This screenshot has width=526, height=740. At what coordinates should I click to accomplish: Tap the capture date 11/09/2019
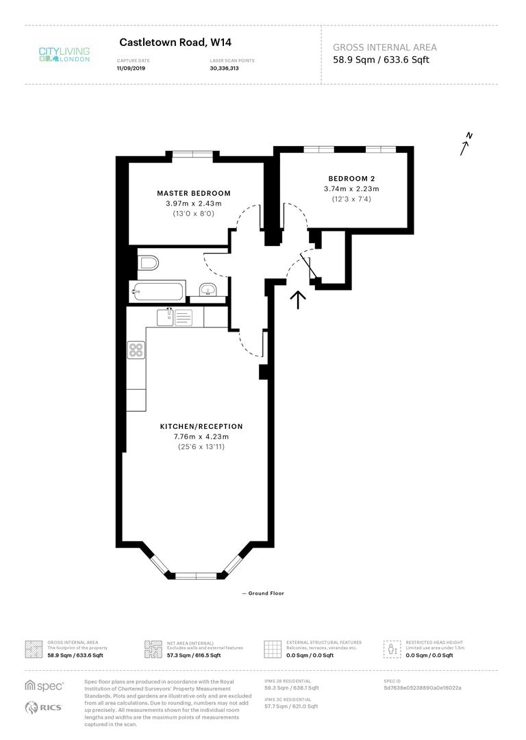(x=133, y=69)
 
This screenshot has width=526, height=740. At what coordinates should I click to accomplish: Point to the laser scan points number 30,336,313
(x=224, y=69)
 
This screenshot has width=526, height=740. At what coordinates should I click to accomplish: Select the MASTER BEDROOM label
(x=194, y=193)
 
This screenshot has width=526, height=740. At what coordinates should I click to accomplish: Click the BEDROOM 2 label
(x=351, y=177)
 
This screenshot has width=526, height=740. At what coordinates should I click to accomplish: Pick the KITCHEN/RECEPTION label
(x=201, y=426)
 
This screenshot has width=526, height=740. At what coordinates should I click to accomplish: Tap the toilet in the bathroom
(x=148, y=262)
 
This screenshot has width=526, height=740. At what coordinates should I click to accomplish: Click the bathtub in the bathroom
(x=158, y=291)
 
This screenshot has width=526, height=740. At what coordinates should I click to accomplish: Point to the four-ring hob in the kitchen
(x=136, y=350)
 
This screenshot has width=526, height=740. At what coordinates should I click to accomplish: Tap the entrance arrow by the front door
(x=298, y=300)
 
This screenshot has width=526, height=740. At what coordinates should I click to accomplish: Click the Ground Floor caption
(x=264, y=593)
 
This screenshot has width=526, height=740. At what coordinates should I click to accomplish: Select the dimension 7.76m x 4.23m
(x=201, y=436)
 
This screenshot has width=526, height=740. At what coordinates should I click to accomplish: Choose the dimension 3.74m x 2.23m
(x=351, y=189)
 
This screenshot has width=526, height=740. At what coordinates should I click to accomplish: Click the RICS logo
(x=45, y=708)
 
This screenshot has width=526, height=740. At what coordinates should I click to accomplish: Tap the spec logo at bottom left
(x=45, y=685)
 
